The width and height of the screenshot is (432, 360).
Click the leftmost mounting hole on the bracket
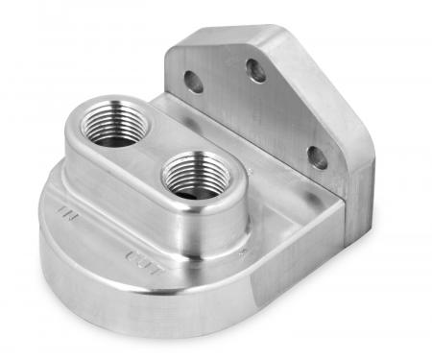point(190,81)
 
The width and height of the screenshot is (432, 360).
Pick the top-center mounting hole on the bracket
point(256,70)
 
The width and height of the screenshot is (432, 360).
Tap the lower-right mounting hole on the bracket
point(317,156)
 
